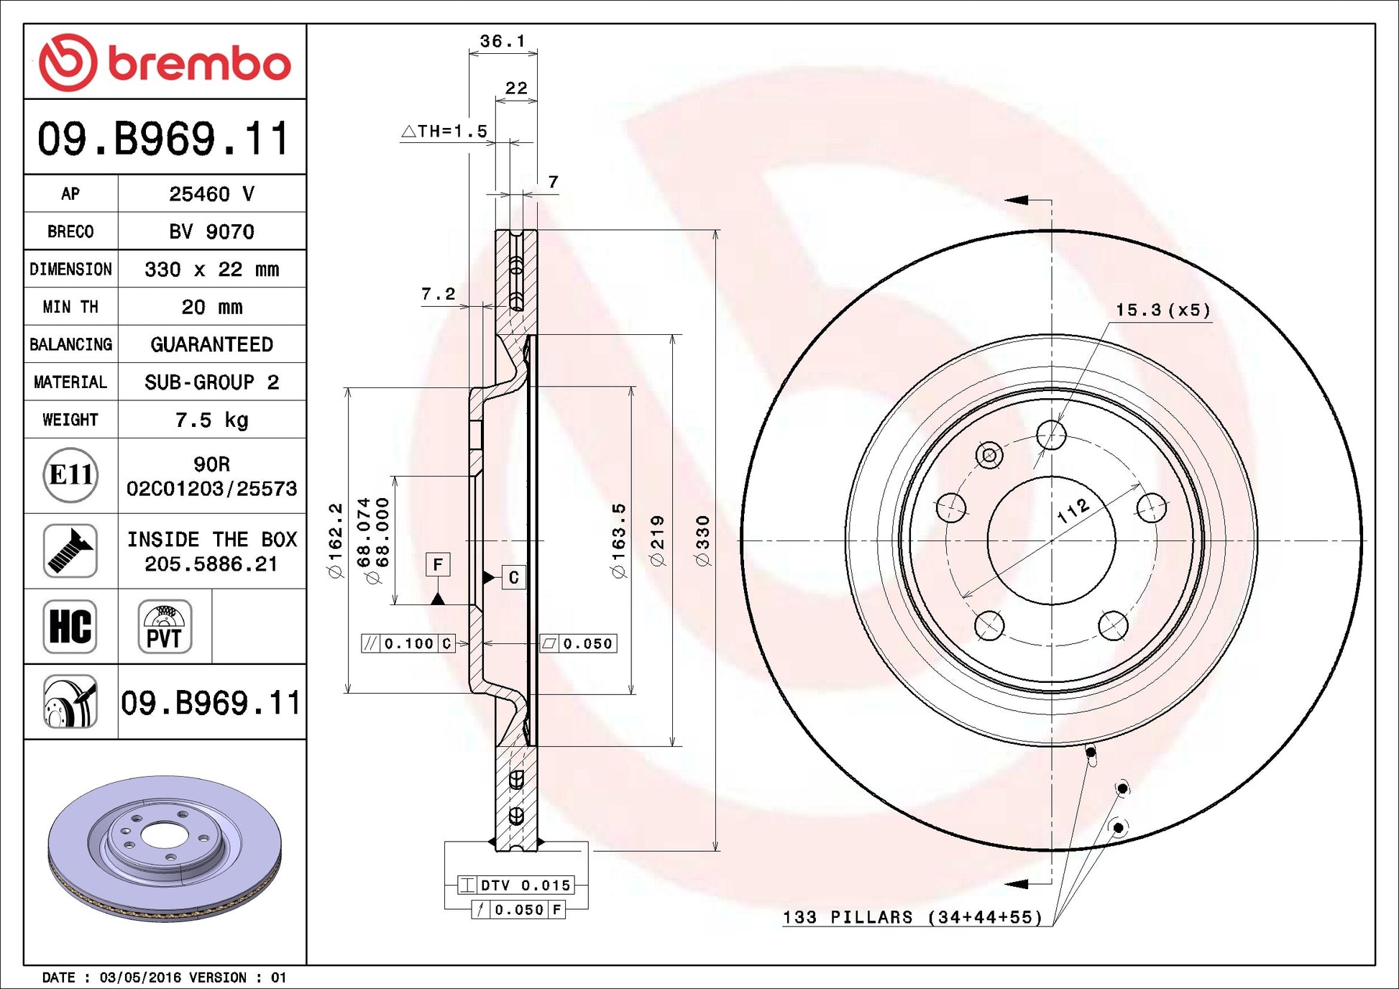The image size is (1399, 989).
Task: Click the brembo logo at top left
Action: [x=165, y=63]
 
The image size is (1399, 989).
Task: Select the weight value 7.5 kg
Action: [x=211, y=420]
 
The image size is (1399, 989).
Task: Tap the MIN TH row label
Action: [x=70, y=307]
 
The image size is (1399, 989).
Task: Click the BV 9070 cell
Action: [x=211, y=231]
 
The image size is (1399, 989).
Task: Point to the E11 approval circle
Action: [x=70, y=475]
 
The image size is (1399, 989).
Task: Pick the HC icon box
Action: [x=70, y=627]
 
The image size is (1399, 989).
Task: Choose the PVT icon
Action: [x=165, y=627]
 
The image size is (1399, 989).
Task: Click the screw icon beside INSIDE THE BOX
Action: [x=70, y=551]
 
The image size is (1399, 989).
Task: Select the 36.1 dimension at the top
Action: [x=503, y=41]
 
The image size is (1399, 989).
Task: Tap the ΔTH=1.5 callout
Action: [x=444, y=131]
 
